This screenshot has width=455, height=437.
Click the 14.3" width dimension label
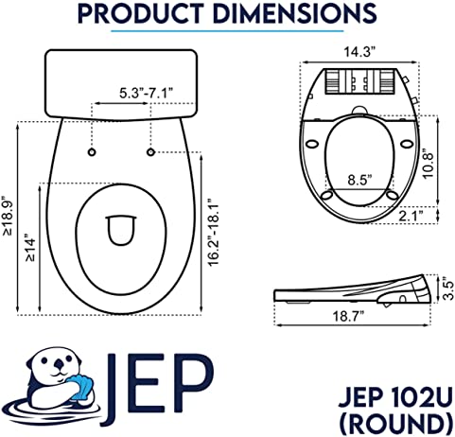click(x=359, y=52)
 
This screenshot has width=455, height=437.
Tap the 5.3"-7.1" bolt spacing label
click(x=147, y=94)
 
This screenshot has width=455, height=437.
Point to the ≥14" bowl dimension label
click(x=31, y=248)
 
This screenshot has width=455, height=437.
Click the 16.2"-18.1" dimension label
click(x=215, y=233)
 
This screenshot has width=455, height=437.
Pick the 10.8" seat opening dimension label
click(x=429, y=164)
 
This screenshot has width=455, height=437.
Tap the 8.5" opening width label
click(x=359, y=181)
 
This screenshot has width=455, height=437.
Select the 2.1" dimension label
click(x=411, y=216)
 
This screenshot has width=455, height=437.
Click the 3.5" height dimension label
click(x=448, y=288)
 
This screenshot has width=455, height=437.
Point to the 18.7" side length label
click(x=349, y=316)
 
